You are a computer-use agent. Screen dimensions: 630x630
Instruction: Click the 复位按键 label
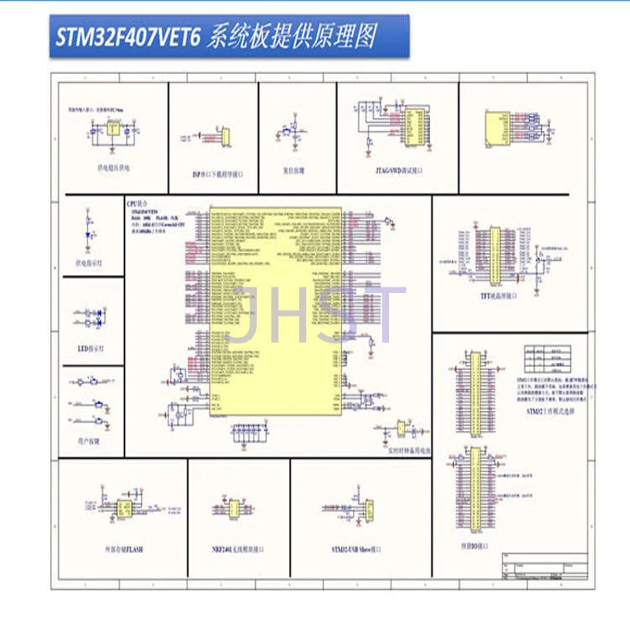[293, 169]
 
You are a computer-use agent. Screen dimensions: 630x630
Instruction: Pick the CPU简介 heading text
[137, 203]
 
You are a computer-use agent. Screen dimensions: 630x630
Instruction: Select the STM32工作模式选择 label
[550, 411]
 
